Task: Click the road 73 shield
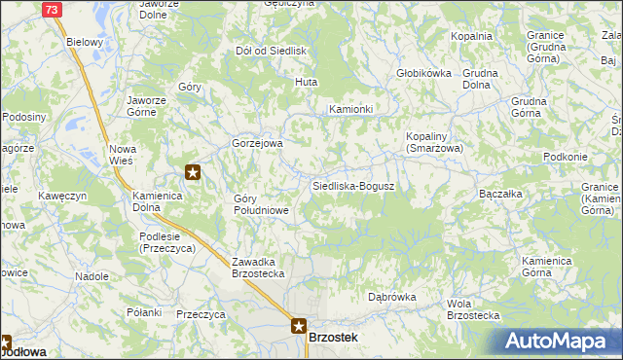click(53, 9)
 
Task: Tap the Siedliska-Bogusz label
click(352, 185)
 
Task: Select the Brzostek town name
click(333, 337)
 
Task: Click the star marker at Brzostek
click(299, 328)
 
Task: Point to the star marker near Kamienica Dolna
click(193, 174)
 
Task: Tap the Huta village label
click(308, 82)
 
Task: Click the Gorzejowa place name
click(257, 143)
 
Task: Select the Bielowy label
click(84, 43)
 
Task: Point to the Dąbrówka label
click(392, 297)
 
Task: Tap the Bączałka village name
click(502, 194)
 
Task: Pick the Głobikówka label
click(423, 73)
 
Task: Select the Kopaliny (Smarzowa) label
click(434, 142)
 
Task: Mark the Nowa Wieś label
click(123, 154)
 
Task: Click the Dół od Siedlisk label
click(272, 50)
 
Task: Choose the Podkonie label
click(567, 158)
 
